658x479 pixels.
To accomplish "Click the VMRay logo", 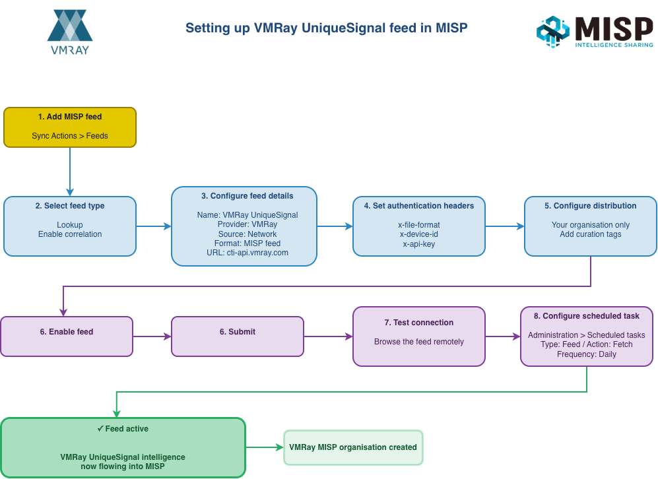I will click(69, 32).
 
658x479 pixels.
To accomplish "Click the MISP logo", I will click(595, 32).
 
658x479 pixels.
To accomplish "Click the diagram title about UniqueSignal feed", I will click(326, 28).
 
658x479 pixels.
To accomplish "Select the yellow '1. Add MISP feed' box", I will click(70, 126).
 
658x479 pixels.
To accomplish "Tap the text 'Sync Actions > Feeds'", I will click(70, 136).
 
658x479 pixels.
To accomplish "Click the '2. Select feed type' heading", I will click(70, 206).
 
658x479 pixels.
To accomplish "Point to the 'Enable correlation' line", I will click(70, 234).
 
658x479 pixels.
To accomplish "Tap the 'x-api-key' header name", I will click(419, 244).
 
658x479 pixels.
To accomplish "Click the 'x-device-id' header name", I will click(419, 234).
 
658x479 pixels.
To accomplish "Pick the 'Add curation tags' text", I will click(591, 234).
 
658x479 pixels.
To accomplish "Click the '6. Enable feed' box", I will click(67, 336).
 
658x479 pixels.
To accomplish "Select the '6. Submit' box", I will click(238, 336).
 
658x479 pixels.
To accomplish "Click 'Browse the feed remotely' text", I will click(419, 342).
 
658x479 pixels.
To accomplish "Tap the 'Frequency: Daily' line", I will click(587, 354).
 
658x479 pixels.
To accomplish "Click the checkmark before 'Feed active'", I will click(100, 429).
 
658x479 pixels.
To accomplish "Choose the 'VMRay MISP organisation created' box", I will click(353, 447).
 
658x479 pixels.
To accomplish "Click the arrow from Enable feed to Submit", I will click(152, 336).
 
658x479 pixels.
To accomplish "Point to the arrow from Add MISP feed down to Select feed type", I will click(70, 172).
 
